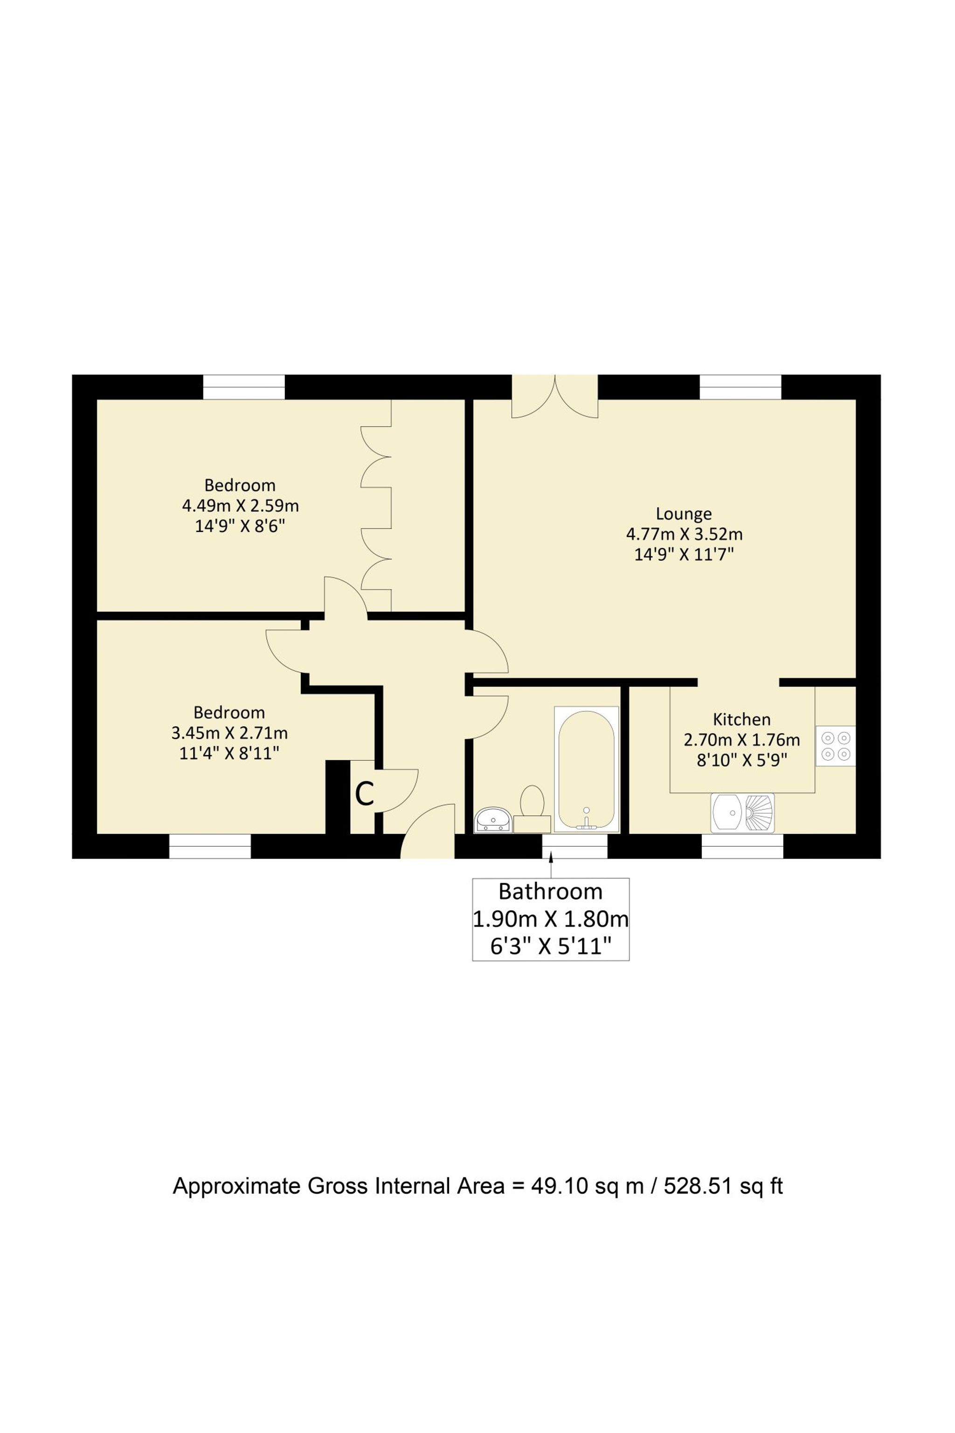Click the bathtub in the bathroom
[586, 770]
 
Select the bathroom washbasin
[493, 820]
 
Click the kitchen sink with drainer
[742, 813]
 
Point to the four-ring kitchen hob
[836, 746]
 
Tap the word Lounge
[684, 514]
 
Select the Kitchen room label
[742, 720]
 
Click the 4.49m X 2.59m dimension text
[241, 506]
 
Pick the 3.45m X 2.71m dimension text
[229, 733]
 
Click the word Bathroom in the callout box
[551, 892]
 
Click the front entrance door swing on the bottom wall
[428, 831]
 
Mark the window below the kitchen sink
[742, 846]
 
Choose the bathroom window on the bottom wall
[575, 846]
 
